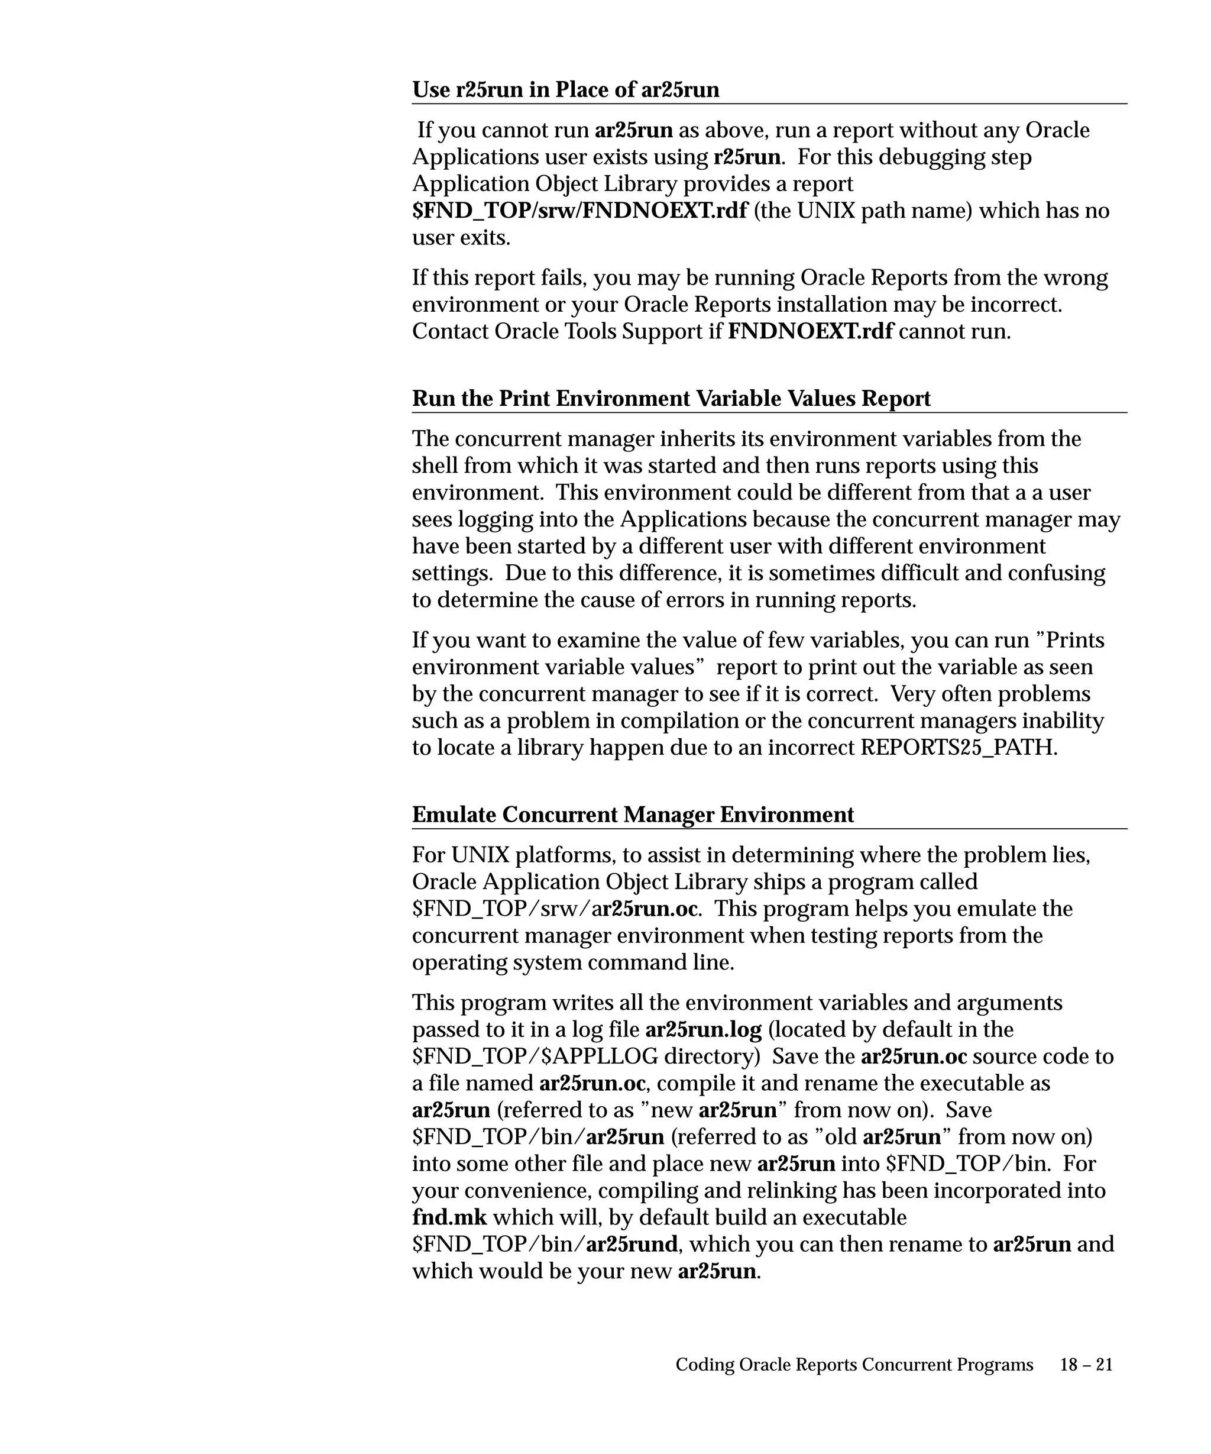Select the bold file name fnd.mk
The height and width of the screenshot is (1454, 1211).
449,1218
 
